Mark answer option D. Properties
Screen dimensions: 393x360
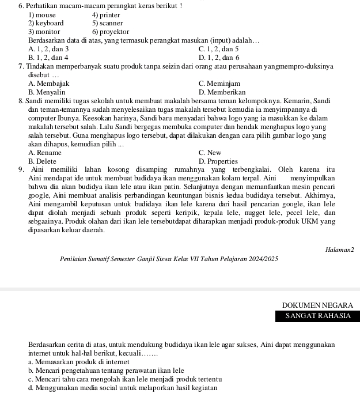(x=218, y=161)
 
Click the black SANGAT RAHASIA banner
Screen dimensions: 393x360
(x=317, y=316)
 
